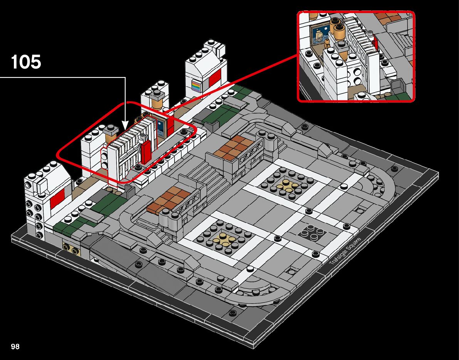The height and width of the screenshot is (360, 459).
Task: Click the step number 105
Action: click(26, 62)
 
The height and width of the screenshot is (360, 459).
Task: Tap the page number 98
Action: click(15, 347)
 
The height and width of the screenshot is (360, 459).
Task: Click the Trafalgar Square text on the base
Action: click(344, 251)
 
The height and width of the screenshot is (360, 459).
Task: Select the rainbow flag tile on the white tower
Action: click(197, 84)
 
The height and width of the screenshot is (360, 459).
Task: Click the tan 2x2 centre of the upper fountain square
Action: click(286, 185)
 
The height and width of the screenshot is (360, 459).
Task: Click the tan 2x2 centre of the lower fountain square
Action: click(226, 238)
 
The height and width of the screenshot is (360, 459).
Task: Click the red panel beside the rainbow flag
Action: click(215, 78)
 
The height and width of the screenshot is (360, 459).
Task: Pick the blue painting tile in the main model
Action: click(161, 127)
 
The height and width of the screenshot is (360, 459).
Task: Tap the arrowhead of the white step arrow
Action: click(125, 126)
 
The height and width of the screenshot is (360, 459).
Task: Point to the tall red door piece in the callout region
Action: click(146, 152)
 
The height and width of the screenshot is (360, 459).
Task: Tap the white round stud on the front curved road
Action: click(250, 269)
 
